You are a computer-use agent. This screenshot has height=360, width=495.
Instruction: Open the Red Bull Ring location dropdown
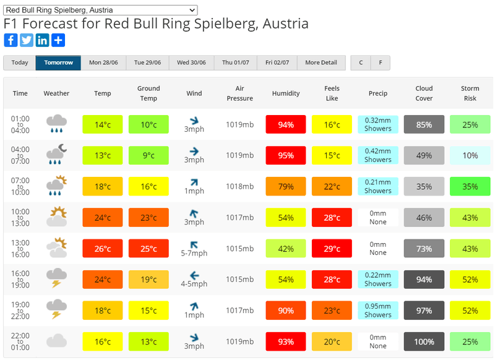pyautogui.click(x=100, y=10)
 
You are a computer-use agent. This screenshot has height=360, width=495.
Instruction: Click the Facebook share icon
pyautogui.click(x=11, y=40)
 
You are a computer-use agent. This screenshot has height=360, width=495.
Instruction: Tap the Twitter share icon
pyautogui.click(x=27, y=40)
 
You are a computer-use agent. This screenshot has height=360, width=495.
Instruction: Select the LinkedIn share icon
pyautogui.click(x=43, y=40)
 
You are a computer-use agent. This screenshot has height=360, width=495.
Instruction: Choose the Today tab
pyautogui.click(x=20, y=62)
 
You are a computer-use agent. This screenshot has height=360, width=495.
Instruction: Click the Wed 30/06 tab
pyautogui.click(x=192, y=62)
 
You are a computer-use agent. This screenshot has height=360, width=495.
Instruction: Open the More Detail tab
pyautogui.click(x=321, y=62)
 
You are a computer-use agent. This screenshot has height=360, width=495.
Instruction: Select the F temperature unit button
pyautogui.click(x=380, y=62)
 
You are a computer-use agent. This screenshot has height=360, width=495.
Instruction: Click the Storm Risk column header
pyautogui.click(x=470, y=93)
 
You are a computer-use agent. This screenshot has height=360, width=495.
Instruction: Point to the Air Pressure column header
pyautogui.click(x=239, y=93)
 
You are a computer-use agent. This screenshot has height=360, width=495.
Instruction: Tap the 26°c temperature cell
pyautogui.click(x=103, y=249)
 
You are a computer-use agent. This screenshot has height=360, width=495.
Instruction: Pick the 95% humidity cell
pyautogui.click(x=286, y=156)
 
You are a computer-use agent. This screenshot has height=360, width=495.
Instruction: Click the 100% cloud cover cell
pyautogui.click(x=424, y=341)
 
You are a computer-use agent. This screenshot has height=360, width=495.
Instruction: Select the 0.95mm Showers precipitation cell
pyautogui.click(x=378, y=311)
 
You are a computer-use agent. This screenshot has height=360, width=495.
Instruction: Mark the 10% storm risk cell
pyautogui.click(x=470, y=156)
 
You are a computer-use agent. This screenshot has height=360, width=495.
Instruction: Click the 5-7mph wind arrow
pyautogui.click(x=194, y=243)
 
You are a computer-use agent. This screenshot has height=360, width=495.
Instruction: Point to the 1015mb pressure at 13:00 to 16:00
pyautogui.click(x=239, y=249)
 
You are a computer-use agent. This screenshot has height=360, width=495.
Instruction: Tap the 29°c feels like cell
pyautogui.click(x=332, y=249)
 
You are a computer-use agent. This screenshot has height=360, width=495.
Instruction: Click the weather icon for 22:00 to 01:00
pyautogui.click(x=56, y=341)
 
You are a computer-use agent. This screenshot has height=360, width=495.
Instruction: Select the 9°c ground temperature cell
pyautogui.click(x=148, y=156)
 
